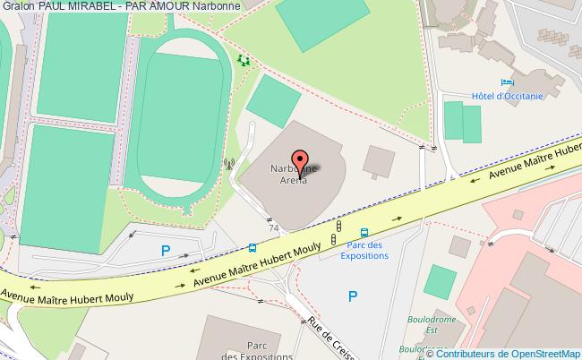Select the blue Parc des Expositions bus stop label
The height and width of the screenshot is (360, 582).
click(365, 250)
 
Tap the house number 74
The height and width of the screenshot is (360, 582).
click(273, 228)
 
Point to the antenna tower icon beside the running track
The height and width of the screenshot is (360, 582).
click(228, 164)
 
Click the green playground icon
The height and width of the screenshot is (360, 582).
click(244, 61)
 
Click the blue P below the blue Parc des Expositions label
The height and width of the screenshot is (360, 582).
click(352, 296)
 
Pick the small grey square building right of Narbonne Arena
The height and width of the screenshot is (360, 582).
click(379, 161)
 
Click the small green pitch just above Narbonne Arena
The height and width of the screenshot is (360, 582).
click(273, 100)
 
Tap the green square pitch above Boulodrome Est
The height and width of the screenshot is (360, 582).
click(440, 281)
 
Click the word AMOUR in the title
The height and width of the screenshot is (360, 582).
click(163, 7)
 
